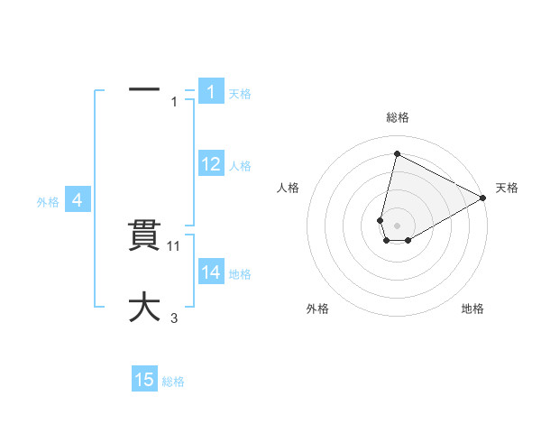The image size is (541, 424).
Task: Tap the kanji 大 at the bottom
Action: click(x=144, y=307)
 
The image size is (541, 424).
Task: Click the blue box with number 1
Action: click(x=210, y=92)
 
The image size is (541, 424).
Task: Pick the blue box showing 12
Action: click(x=210, y=164)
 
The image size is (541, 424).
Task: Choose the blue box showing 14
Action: click(x=210, y=272)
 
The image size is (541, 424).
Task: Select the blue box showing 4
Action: click(x=78, y=201)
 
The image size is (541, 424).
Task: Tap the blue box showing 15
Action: click(x=144, y=380)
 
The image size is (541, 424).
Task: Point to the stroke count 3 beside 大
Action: click(x=174, y=318)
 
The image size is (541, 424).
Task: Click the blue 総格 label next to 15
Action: click(x=173, y=382)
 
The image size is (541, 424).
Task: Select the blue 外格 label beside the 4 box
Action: click(x=48, y=203)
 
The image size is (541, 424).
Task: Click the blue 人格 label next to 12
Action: click(x=240, y=166)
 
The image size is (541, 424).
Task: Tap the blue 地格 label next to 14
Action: click(x=240, y=274)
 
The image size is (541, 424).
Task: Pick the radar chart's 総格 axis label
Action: click(x=398, y=117)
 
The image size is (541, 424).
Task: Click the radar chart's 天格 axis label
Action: click(x=507, y=188)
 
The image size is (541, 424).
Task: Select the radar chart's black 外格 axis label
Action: click(x=317, y=309)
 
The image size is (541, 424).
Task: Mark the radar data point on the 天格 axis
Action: click(x=483, y=198)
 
